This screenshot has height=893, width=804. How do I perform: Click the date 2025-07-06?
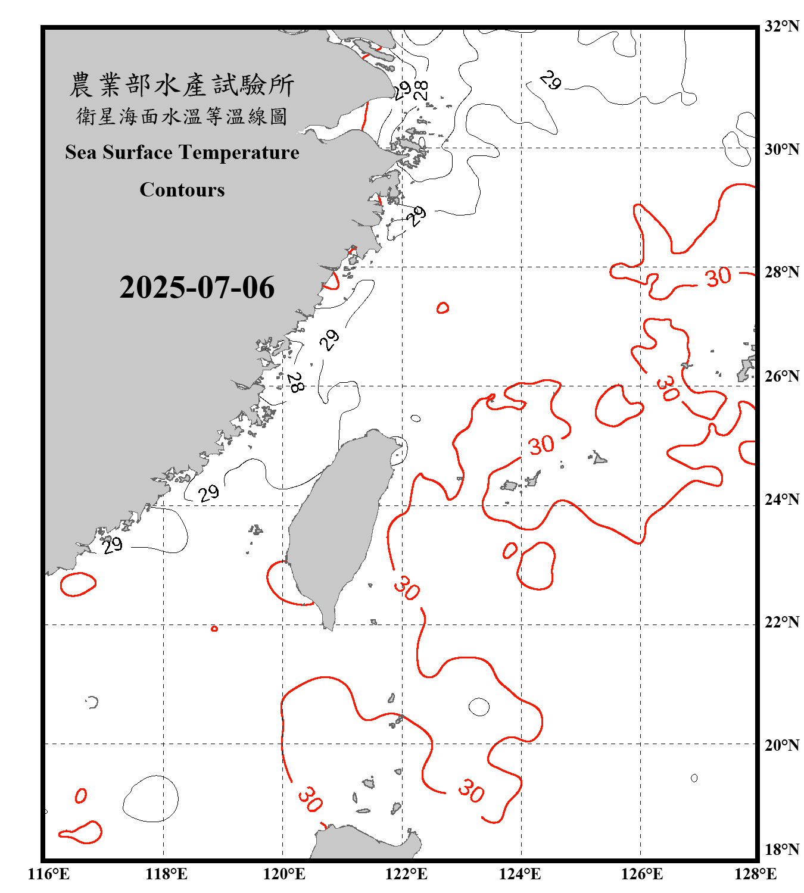coord(197,288)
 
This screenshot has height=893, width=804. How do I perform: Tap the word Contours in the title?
coord(182,190)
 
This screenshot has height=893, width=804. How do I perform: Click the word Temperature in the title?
coord(239,152)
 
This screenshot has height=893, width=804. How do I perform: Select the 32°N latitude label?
coord(781,26)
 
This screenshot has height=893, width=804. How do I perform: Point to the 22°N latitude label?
coord(781,622)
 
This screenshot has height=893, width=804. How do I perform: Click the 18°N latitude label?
coord(781,850)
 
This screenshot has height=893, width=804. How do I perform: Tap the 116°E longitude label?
coord(49,874)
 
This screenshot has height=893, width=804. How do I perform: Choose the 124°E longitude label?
coord(520,874)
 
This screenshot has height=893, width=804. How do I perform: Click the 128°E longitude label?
coord(755,874)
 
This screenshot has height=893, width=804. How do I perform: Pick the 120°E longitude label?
coord(284,874)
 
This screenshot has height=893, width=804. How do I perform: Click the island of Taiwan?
coord(336,524)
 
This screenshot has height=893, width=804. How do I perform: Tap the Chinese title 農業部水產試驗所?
coord(182,85)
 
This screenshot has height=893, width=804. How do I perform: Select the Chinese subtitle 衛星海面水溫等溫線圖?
coord(182,116)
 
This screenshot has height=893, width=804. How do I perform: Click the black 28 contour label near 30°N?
coord(421,90)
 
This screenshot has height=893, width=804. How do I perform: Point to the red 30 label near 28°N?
coord(718,277)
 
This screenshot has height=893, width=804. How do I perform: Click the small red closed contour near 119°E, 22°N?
coord(214,629)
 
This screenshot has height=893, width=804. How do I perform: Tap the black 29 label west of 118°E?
coord(112,545)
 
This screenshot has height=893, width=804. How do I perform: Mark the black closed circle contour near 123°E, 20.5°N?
coord(479,707)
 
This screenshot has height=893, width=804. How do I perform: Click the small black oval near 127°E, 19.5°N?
coord(694,778)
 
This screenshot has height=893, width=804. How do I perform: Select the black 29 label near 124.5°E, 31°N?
coord(551,80)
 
